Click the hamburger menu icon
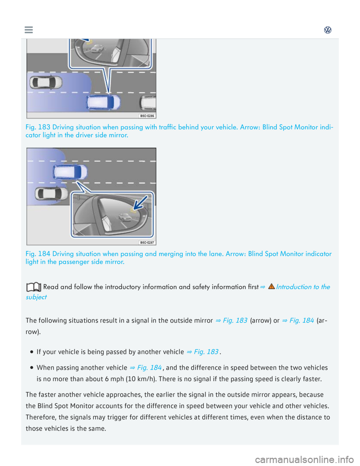pyautogui.click(x=28, y=30)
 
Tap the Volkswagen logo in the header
pyautogui.click(x=328, y=30)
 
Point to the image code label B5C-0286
pyautogui.click(x=147, y=116)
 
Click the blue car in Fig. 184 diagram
pyautogui.click(x=70, y=172)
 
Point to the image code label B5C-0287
pyautogui.click(x=147, y=242)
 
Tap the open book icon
pyautogui.click(x=34, y=287)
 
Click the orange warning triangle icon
pyautogui.click(x=271, y=286)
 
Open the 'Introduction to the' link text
pyautogui.click(x=303, y=287)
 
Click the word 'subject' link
pyautogui.click(x=36, y=297)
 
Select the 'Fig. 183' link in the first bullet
pyautogui.click(x=206, y=352)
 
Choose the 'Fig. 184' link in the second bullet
pyautogui.click(x=149, y=368)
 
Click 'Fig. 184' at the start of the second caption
pyautogui.click(x=38, y=254)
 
